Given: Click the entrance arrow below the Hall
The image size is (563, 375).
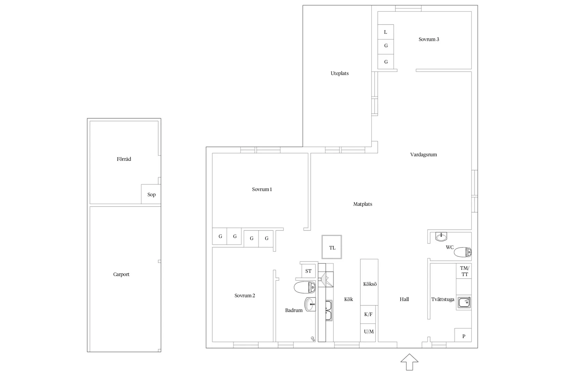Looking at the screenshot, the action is click(x=409, y=362).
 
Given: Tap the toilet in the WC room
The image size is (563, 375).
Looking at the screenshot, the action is click(x=463, y=252).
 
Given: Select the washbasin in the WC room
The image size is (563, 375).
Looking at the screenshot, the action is click(x=441, y=237).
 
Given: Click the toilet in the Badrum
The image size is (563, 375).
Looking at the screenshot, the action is click(x=305, y=287).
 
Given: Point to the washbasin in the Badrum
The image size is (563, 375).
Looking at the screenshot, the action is click(x=310, y=304).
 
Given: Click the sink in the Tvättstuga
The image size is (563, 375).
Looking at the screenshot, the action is click(x=464, y=302).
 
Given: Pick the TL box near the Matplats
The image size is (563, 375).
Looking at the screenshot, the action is click(x=332, y=247).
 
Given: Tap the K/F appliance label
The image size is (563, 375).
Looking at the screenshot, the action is click(x=368, y=314).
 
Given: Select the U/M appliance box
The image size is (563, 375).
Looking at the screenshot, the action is click(x=368, y=332).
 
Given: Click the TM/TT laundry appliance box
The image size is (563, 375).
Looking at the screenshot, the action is click(x=464, y=271).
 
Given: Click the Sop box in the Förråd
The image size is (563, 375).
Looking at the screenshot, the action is click(x=151, y=194).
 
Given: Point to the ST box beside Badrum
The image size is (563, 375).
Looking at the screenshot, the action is click(x=308, y=271).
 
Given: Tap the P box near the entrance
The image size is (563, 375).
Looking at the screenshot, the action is click(x=463, y=335).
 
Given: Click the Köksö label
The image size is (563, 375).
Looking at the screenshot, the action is click(x=370, y=284).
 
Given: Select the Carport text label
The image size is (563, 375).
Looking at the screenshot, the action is click(x=121, y=274).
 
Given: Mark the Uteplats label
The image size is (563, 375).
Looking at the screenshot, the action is click(x=340, y=73).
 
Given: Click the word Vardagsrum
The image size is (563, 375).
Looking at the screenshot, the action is click(x=423, y=154).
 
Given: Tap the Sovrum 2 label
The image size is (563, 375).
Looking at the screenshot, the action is click(x=245, y=295).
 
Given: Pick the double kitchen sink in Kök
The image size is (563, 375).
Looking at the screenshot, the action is click(x=329, y=311).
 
